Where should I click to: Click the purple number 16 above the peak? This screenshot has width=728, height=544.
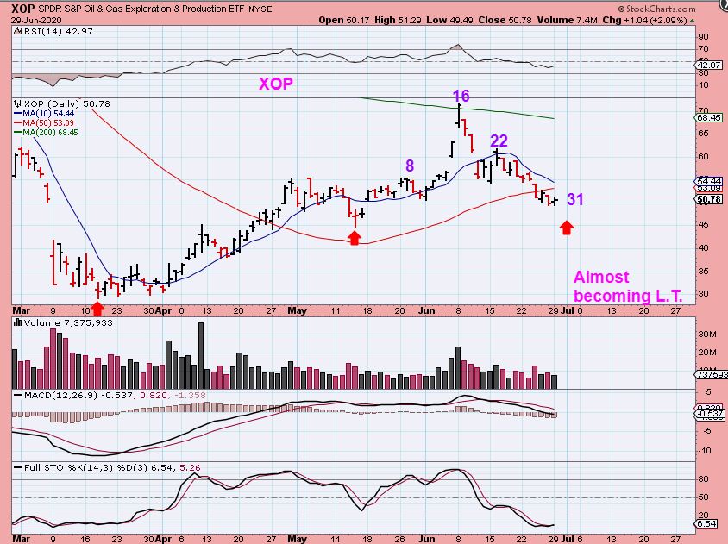point(461,96)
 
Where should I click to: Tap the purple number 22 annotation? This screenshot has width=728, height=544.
point(499,141)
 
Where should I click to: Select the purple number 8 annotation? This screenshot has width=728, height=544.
point(410,166)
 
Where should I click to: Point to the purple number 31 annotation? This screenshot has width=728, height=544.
point(575,200)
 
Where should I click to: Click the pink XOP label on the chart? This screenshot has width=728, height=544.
point(276,84)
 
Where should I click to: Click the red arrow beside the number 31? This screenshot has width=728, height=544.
point(567,228)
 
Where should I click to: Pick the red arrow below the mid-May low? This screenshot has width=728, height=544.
point(354,238)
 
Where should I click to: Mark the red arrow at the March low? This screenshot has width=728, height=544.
point(97,306)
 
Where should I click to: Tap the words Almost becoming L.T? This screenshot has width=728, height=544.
point(628,286)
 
